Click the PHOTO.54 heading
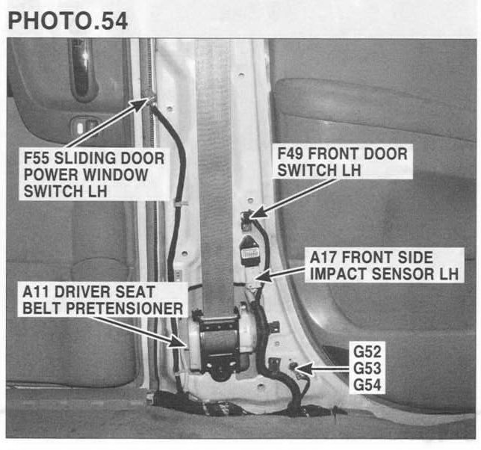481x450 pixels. [68, 21]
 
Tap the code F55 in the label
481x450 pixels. [37, 158]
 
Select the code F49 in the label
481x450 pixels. [291, 154]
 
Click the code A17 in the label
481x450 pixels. [323, 257]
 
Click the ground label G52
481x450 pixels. [367, 352]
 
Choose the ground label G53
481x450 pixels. [367, 369]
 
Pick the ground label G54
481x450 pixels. [367, 385]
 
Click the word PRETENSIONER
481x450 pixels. [125, 309]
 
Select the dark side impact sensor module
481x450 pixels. [249, 250]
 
